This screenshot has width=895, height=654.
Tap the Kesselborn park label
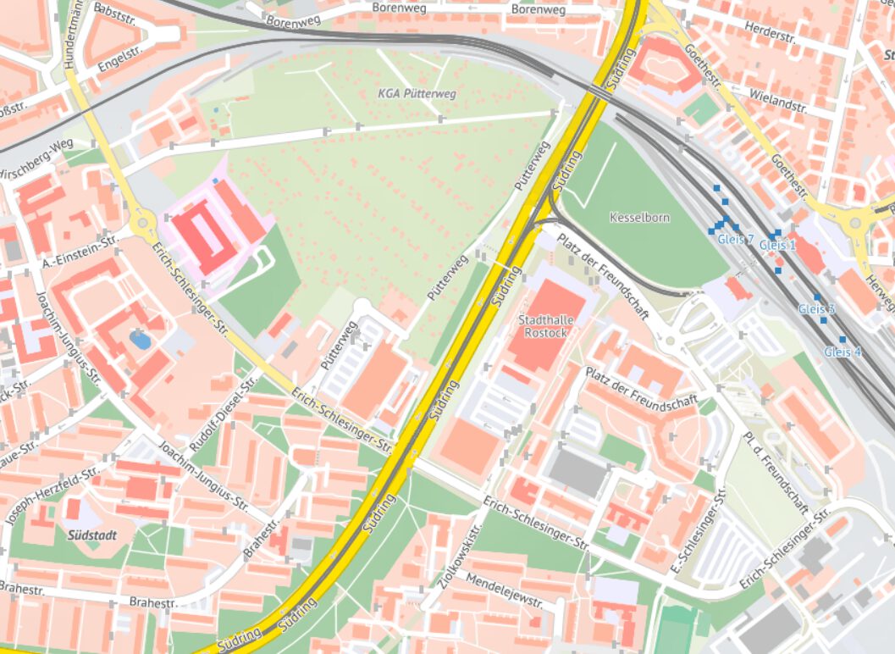(x=639, y=218)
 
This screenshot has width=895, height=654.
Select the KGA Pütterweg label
(x=418, y=93)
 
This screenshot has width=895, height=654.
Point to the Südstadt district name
(x=86, y=535)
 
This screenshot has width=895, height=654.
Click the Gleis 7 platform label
(x=735, y=240)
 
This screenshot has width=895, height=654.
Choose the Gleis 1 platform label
(x=777, y=245)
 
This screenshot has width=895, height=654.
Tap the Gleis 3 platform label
(x=816, y=309)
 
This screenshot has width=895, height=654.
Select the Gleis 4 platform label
(x=843, y=352)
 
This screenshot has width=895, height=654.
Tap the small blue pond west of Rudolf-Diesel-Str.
(x=140, y=340)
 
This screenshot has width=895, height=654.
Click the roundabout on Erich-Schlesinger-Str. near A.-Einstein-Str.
(x=141, y=224)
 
